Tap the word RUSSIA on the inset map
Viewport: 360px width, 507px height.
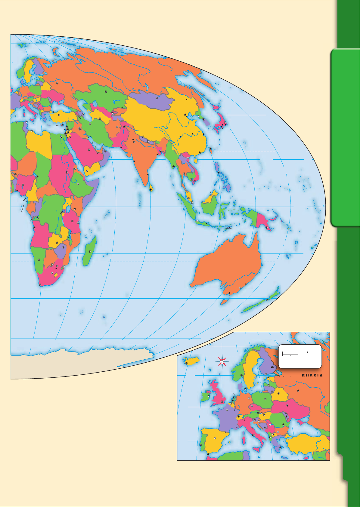[x=312, y=376]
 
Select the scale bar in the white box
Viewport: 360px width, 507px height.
[x=295, y=354]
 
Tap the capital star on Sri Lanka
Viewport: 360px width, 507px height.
[x=151, y=190]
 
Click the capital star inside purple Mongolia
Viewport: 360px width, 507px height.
[x=157, y=98]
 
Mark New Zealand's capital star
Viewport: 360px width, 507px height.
[x=267, y=300]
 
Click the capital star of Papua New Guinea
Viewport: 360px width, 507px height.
[x=267, y=228]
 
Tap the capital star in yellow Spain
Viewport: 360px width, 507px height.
[x=215, y=438]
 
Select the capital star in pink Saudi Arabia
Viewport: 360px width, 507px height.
[x=89, y=149]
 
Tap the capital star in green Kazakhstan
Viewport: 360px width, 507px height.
[x=106, y=91]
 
